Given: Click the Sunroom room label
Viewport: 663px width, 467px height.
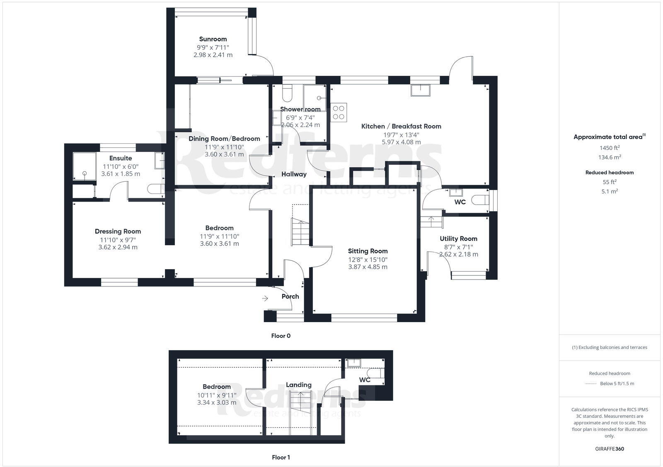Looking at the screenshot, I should point(213,39).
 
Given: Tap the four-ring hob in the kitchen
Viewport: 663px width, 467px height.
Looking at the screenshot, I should point(339,112).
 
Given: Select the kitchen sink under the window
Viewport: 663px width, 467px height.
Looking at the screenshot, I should point(420,90).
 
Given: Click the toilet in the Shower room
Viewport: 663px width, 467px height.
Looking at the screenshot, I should point(287,93).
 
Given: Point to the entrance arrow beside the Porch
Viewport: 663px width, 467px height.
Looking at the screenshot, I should point(265,298).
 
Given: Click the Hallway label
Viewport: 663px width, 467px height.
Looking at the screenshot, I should point(294,174).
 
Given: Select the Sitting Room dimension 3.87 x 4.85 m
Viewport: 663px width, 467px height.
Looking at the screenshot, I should point(368,267).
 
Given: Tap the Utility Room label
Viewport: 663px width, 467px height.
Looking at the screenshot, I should point(458,238).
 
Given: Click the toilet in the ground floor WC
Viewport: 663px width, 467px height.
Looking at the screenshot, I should point(481,200).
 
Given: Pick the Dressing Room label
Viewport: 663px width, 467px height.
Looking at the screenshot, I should point(118,231).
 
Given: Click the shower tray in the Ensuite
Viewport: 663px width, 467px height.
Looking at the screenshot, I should point(84,167).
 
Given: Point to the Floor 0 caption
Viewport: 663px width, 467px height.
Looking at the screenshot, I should point(281,336).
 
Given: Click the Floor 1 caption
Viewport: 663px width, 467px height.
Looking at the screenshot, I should point(281,457).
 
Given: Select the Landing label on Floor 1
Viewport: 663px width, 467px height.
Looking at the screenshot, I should point(298,385).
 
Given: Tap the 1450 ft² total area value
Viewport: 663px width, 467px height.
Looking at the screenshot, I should point(609,148).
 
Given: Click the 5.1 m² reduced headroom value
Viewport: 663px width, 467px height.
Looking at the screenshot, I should point(609,191).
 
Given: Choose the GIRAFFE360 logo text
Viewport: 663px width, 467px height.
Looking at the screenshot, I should point(609,449).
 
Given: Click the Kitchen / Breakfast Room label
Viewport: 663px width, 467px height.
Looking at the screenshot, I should point(401,126).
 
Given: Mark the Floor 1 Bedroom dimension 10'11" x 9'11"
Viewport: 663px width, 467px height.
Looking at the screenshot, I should point(216,395).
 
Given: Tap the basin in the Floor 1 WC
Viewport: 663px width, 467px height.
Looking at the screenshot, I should point(354,363).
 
